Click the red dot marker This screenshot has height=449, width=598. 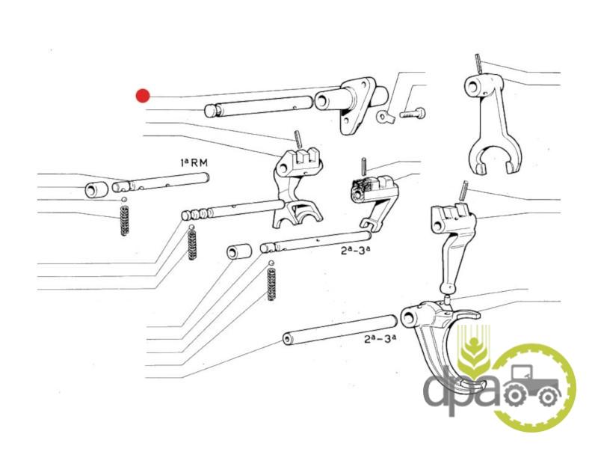click(143, 96)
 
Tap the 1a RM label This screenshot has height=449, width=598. click(194, 162)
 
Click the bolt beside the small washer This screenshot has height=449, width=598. click(413, 113)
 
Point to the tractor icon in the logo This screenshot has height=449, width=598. click(531, 386)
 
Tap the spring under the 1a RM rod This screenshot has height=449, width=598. click(124, 221)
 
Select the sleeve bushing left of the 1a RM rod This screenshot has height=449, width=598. click(96, 189)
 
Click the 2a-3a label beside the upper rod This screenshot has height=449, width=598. click(356, 251)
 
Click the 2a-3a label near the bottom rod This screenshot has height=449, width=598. click(380, 338)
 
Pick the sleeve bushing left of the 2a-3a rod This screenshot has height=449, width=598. click(239, 252)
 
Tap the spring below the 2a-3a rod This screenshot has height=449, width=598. click(271, 284)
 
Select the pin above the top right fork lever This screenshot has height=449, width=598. click(479, 64)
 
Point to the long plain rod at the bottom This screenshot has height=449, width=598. click(340, 329)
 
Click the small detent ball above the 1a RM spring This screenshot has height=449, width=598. click(123, 200)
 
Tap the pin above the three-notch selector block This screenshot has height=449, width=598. click(298, 139)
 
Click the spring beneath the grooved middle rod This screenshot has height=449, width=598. click(193, 244)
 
